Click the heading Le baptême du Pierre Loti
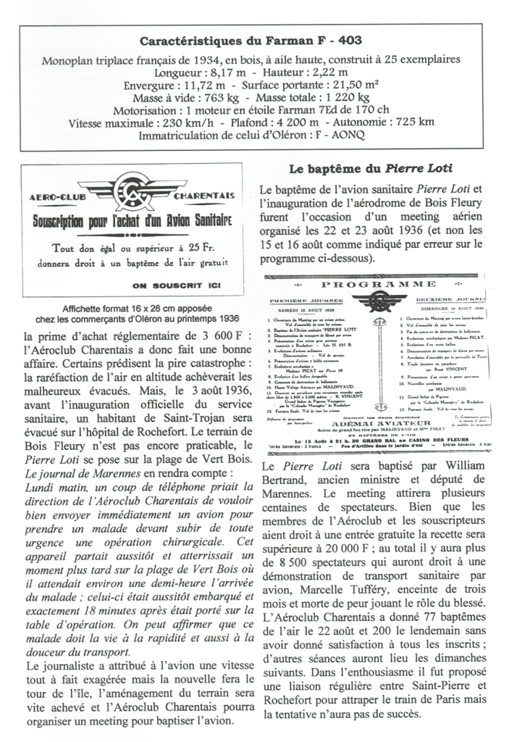(370, 169)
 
